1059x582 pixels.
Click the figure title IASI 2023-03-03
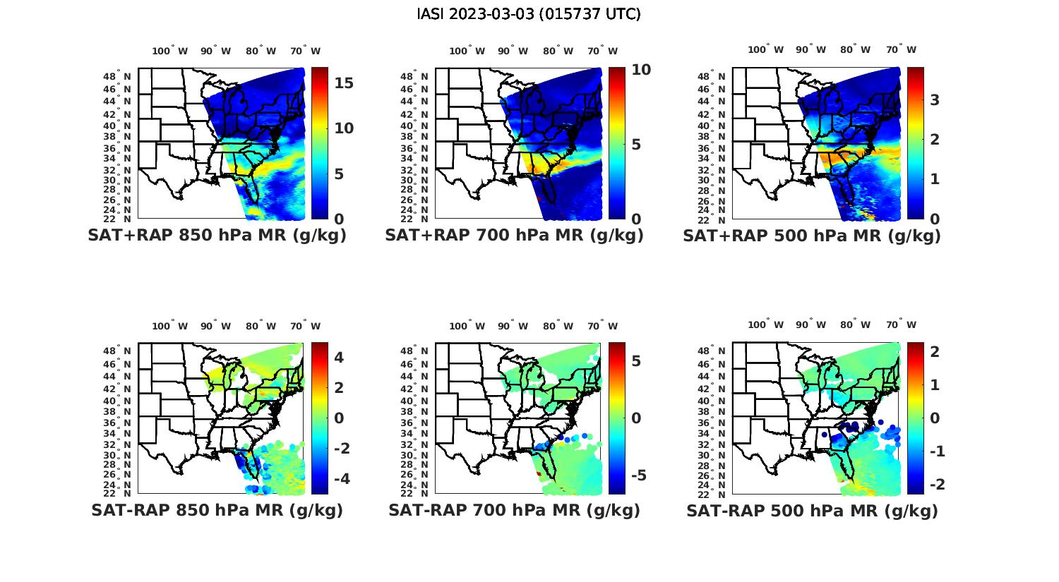coord(529,14)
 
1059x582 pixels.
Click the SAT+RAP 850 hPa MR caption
coord(217,236)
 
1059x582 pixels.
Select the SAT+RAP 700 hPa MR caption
coord(514,236)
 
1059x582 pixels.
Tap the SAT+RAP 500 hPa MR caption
coord(812,236)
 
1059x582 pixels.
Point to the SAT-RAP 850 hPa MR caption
coord(217,510)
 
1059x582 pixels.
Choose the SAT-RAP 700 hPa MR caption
coord(514,510)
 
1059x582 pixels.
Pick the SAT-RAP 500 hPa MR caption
coord(812,510)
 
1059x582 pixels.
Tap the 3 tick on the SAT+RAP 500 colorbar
coord(935,100)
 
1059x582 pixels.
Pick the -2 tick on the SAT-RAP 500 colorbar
coord(938,485)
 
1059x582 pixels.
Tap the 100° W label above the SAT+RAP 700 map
coord(467,51)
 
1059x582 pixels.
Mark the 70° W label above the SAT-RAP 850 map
coord(305,326)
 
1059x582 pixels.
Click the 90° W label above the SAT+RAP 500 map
coord(811,49)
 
